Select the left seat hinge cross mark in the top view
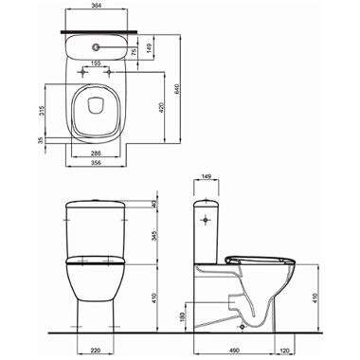(82, 73)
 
